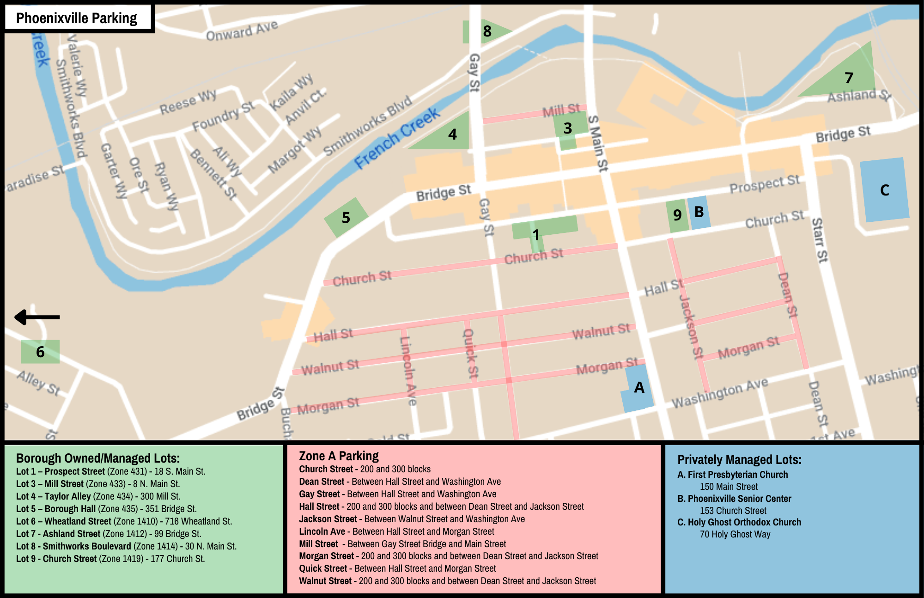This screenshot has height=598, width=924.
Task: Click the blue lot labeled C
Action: (884, 190)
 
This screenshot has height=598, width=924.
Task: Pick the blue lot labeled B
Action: (699, 213)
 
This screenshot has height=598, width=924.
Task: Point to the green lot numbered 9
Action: (677, 215)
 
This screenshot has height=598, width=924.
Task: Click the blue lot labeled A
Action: (638, 388)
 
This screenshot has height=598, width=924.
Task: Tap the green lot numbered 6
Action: (40, 352)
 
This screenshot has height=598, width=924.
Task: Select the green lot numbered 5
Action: (346, 217)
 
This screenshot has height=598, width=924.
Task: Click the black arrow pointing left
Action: (37, 317)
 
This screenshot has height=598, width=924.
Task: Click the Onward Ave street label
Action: (242, 31)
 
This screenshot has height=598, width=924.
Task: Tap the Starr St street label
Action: (819, 240)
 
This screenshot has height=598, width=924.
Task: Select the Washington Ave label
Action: (719, 393)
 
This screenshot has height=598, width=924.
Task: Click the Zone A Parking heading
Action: (339, 456)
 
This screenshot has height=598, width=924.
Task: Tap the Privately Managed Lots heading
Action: (739, 460)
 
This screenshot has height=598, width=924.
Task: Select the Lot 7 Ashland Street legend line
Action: (109, 534)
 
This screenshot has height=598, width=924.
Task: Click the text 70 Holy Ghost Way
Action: (735, 534)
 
